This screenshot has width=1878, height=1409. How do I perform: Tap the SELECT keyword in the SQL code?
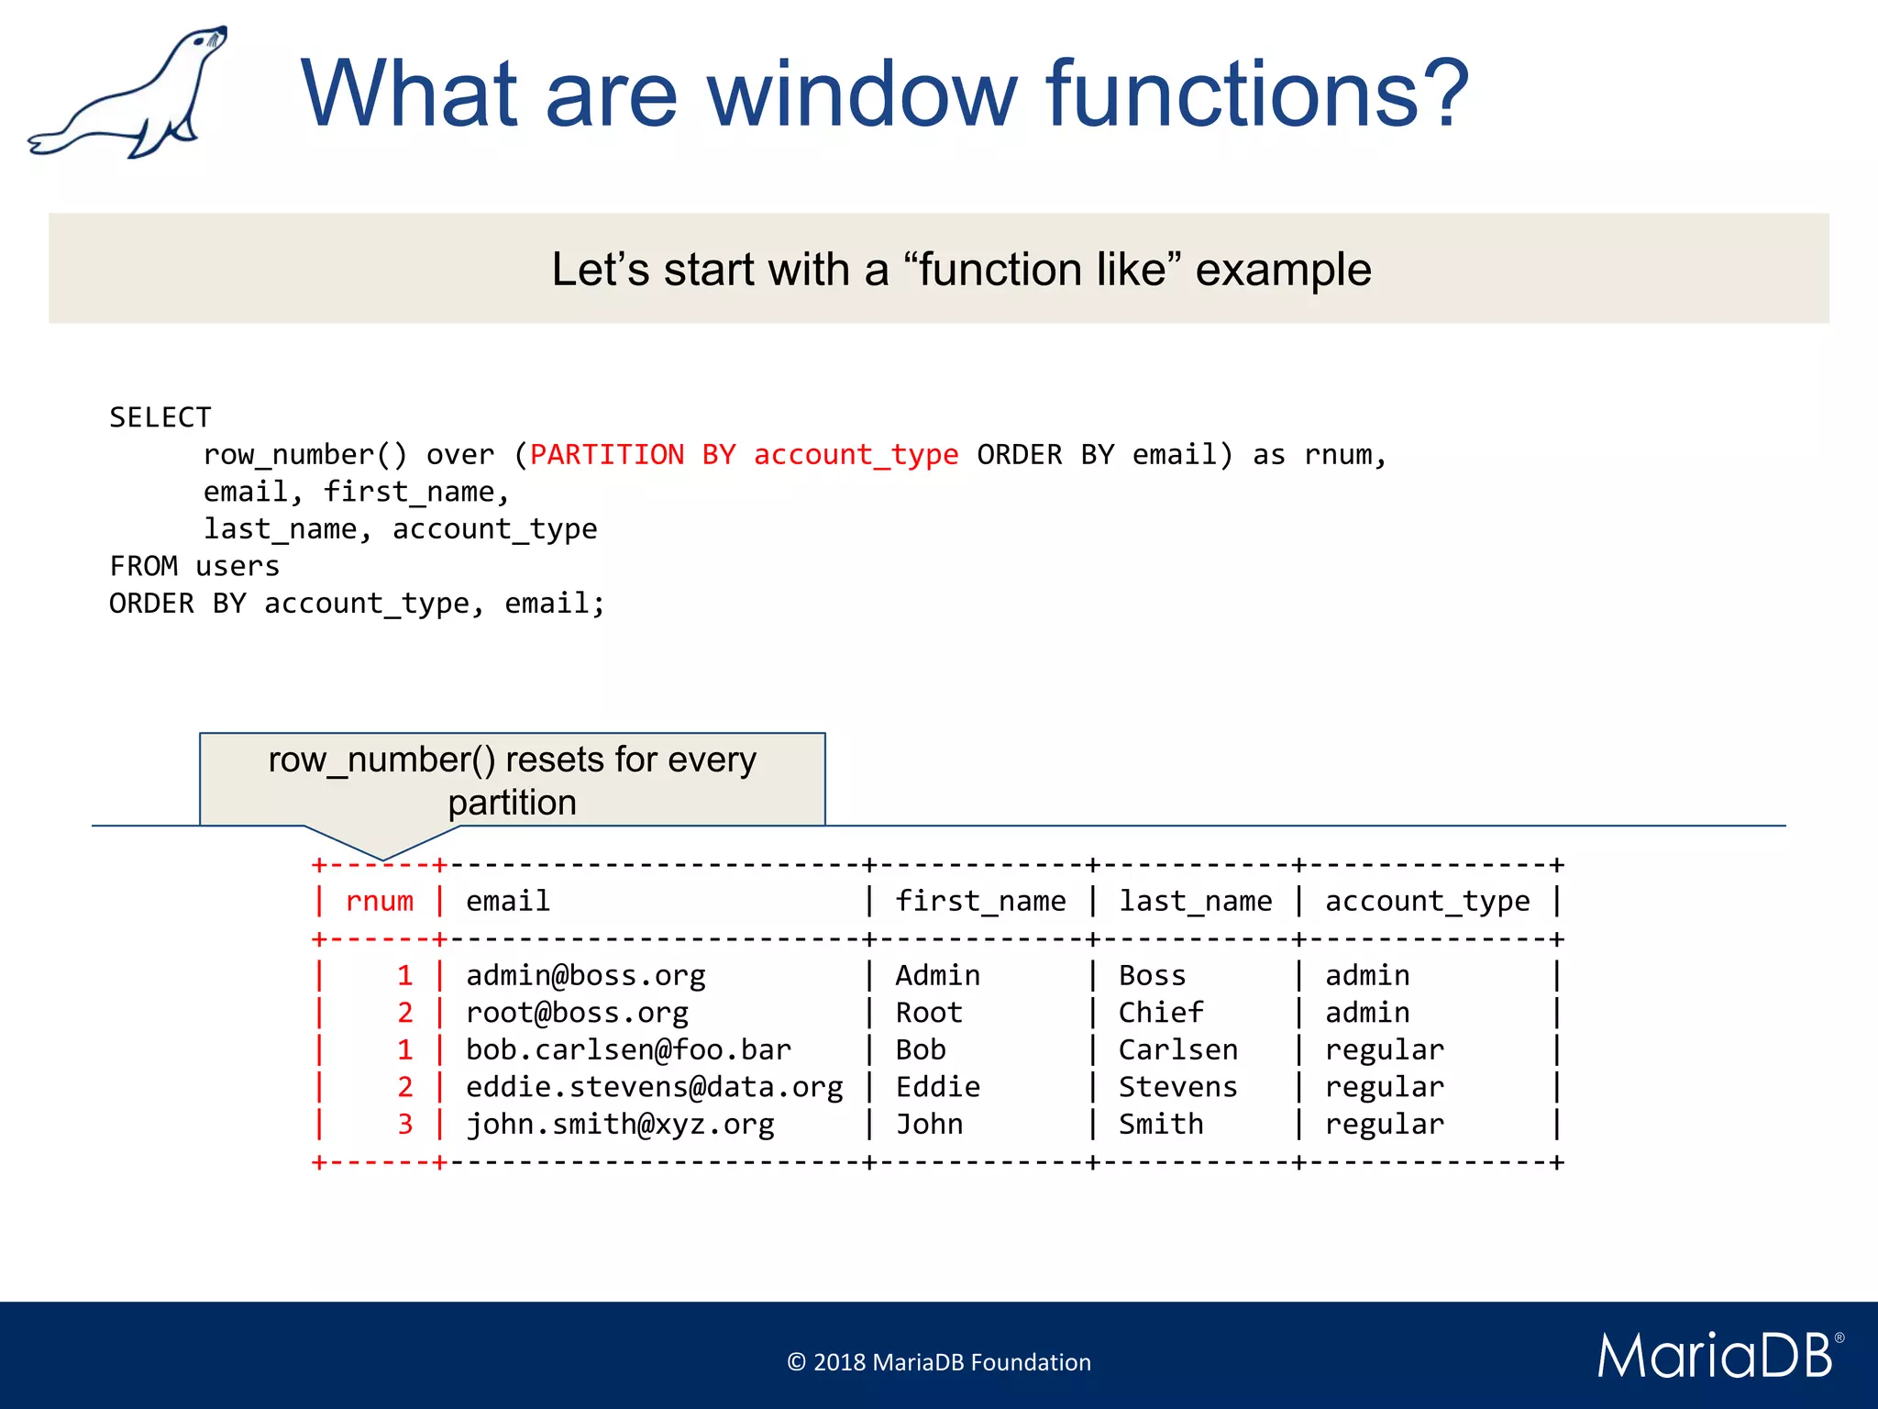click(160, 417)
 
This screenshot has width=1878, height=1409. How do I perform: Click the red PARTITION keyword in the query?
click(606, 455)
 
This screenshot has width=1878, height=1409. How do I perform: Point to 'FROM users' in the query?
click(194, 566)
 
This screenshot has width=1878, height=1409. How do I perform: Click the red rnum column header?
click(380, 902)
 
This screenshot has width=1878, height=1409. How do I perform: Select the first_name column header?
click(980, 902)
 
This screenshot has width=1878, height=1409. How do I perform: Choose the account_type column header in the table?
click(1427, 902)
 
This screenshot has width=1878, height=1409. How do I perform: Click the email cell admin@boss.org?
click(585, 976)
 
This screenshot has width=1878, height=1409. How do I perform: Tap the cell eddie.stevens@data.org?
click(654, 1087)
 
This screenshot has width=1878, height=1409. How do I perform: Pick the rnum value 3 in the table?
click(405, 1125)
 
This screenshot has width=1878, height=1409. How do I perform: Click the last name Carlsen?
click(1177, 1050)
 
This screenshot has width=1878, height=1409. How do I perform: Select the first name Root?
click(928, 1013)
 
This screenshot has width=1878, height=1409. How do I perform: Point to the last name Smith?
click(1160, 1125)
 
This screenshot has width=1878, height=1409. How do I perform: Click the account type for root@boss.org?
click(1366, 1013)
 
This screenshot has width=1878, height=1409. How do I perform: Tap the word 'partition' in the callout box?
click(512, 803)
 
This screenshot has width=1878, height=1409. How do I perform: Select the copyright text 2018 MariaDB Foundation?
click(939, 1362)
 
